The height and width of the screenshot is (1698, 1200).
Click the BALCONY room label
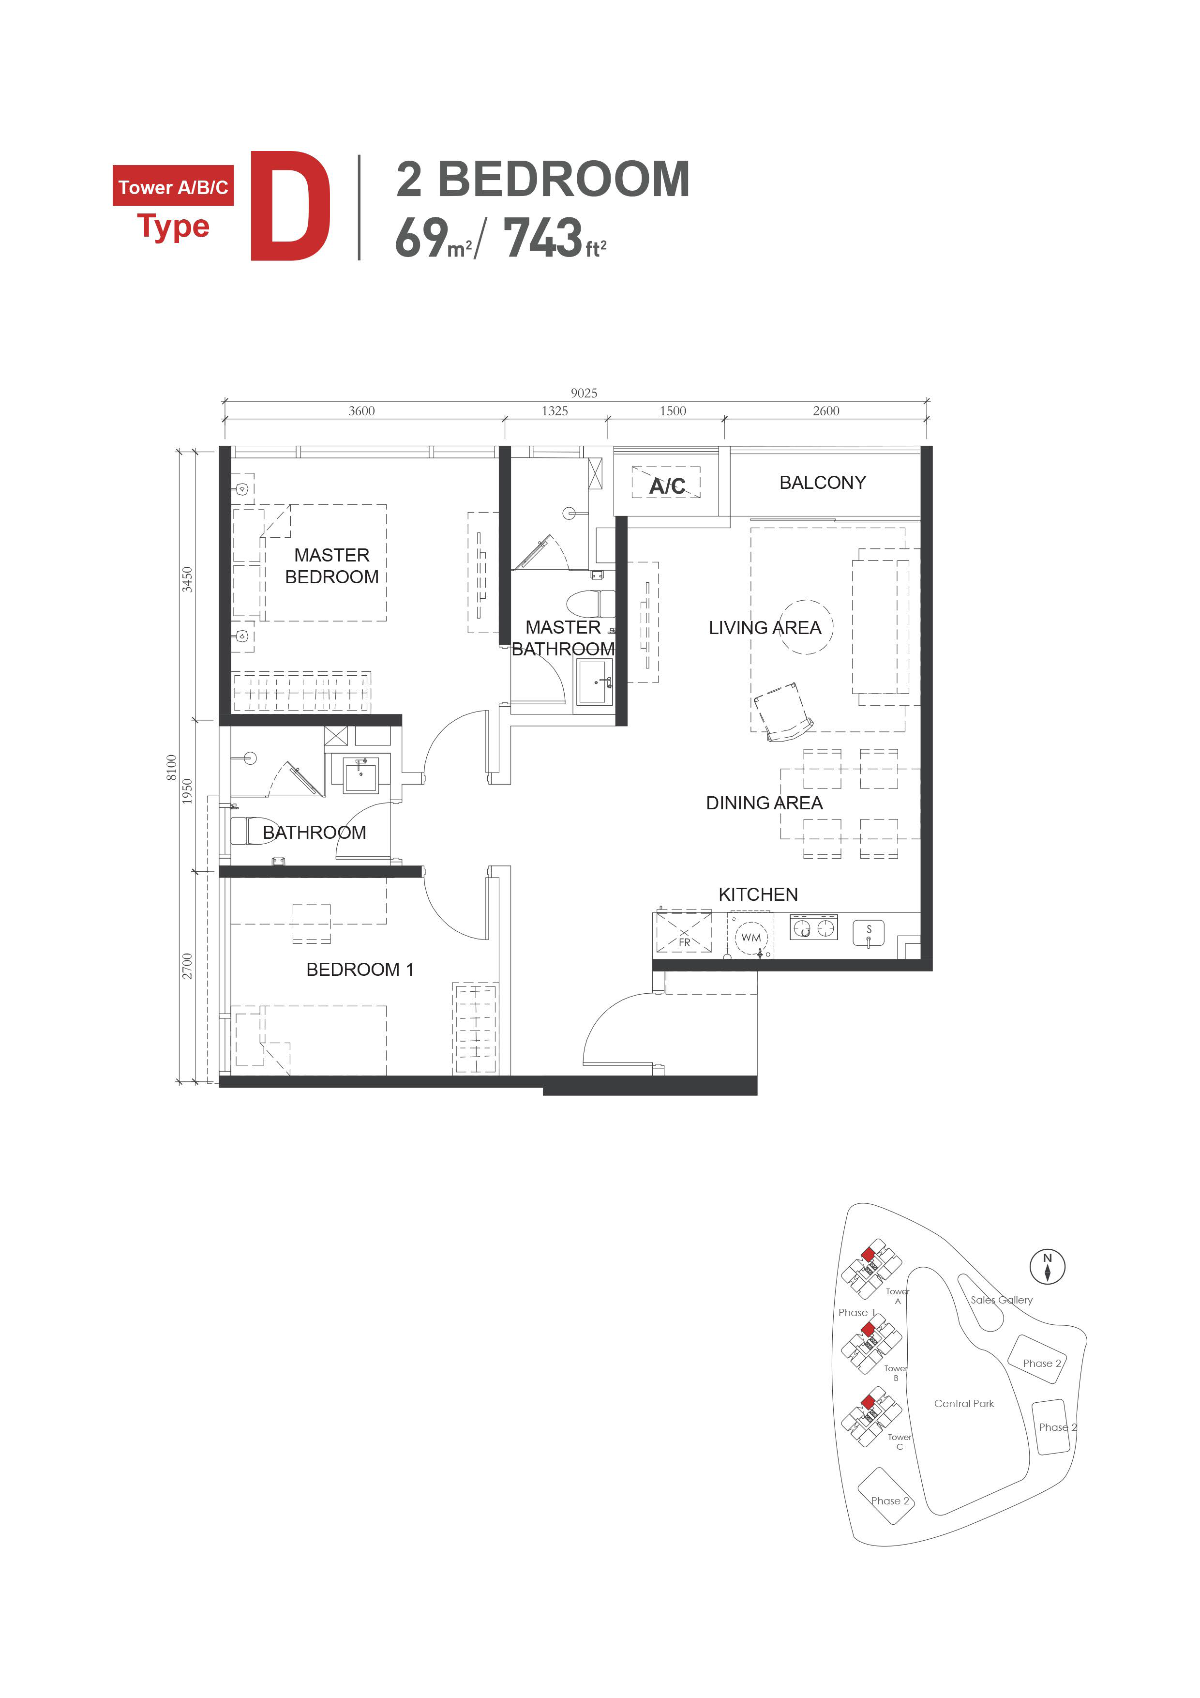822,483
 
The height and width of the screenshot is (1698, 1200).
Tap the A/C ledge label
667,486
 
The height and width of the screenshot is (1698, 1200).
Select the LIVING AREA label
765,628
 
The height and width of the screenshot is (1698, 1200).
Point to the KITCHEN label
758,894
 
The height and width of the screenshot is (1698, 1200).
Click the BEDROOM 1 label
360,969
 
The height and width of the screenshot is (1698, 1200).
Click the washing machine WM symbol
750,938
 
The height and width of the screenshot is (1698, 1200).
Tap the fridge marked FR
684,932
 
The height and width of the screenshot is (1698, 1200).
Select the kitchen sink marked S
869,933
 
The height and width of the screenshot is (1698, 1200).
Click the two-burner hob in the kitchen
813,928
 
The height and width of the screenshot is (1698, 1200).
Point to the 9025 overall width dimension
584,393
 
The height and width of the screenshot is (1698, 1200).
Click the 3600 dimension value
361,410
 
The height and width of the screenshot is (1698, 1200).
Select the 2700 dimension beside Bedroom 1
187,966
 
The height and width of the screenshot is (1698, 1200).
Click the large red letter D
291,206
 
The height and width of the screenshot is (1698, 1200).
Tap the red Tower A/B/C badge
173,185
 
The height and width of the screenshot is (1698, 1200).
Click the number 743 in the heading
543,237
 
